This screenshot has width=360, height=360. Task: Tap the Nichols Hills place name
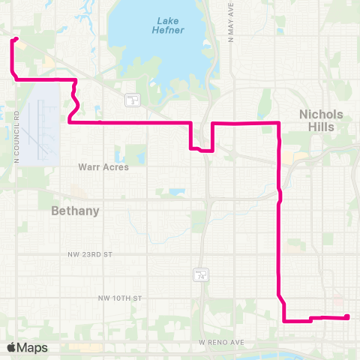click(x=321, y=121)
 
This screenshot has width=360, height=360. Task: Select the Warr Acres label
click(x=103, y=166)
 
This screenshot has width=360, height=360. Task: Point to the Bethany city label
click(x=75, y=211)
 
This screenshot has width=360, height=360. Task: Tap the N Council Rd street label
click(x=15, y=138)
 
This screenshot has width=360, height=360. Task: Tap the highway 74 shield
click(x=201, y=275)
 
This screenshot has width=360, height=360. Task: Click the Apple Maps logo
click(x=27, y=347)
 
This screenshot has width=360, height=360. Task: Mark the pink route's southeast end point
click(x=348, y=317)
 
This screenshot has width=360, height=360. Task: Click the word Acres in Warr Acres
click(x=116, y=166)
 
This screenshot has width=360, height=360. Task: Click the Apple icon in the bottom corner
click(x=11, y=347)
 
